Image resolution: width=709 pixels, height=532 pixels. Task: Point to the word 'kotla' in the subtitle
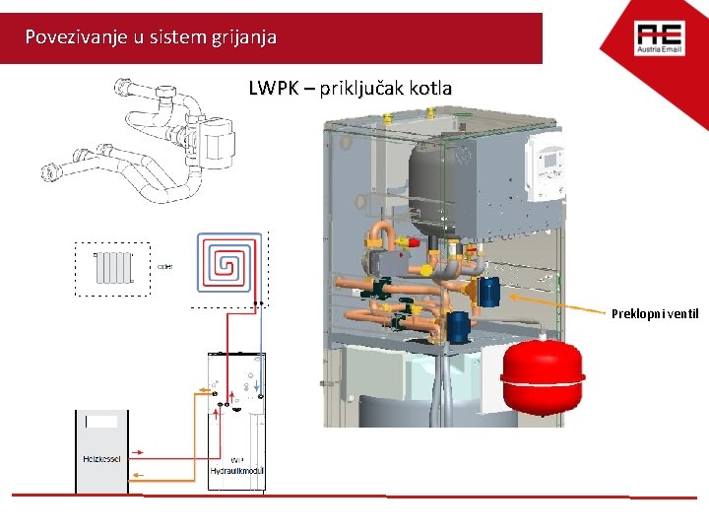430,89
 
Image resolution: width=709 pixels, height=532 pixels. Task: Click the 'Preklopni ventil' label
655,314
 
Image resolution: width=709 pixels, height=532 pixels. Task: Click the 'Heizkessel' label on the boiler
102,460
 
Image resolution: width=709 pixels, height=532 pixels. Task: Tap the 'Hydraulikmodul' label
236,472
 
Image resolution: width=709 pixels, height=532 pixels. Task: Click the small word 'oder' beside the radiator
165,266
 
